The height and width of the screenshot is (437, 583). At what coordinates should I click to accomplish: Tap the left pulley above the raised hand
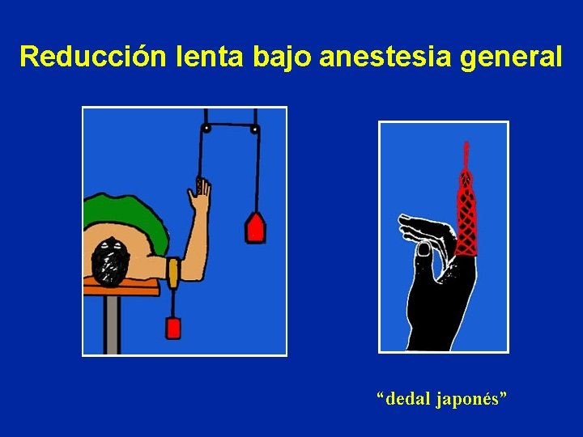(206, 128)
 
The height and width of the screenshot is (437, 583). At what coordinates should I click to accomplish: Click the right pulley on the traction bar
(255, 129)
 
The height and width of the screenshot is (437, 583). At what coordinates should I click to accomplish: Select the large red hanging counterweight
(256, 228)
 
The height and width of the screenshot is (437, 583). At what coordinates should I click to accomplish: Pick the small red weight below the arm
(172, 328)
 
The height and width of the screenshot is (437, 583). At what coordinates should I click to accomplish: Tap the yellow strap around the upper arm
(172, 272)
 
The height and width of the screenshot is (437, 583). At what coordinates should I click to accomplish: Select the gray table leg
(113, 324)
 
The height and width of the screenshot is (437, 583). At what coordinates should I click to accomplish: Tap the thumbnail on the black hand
(423, 250)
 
